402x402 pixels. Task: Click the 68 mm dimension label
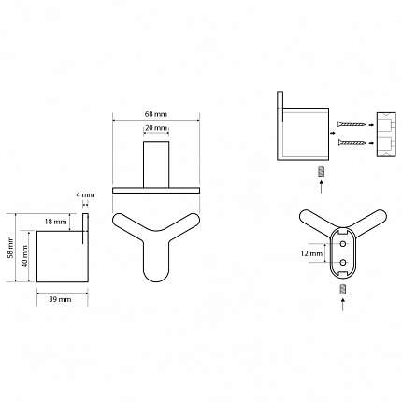click(x=156, y=114)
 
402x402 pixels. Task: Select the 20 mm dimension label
click(x=156, y=128)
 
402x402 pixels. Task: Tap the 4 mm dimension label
click(x=85, y=195)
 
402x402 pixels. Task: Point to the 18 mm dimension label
click(x=55, y=222)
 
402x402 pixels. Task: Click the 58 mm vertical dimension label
click(x=11, y=247)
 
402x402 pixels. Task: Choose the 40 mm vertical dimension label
click(x=25, y=256)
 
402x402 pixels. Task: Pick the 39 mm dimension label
click(x=60, y=299)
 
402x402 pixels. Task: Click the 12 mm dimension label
click(x=311, y=253)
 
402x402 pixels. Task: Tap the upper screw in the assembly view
click(x=351, y=124)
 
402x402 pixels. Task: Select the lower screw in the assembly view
click(x=351, y=143)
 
